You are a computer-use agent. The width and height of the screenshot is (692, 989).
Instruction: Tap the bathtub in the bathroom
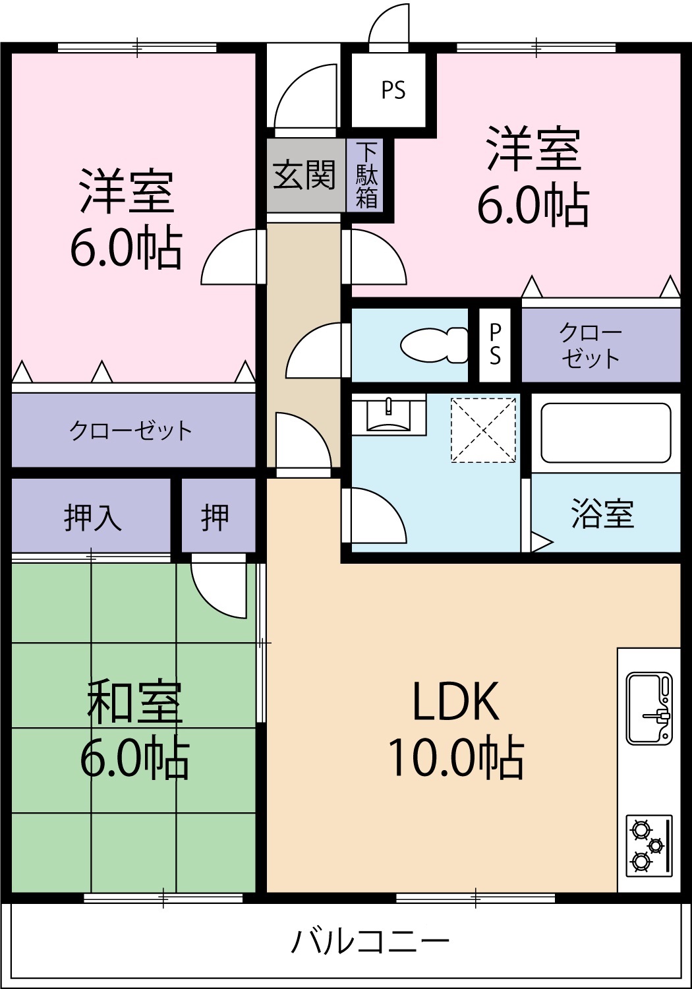pos(606,433)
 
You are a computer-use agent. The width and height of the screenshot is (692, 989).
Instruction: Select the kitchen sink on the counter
pos(649,708)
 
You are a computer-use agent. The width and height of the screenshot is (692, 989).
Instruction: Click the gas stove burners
pos(649,845)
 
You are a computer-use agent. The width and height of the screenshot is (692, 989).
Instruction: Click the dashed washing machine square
pos(483,430)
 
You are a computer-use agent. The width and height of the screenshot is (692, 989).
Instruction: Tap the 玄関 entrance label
pos(304,175)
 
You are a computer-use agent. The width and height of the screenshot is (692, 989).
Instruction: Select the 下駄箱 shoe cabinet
pos(366,175)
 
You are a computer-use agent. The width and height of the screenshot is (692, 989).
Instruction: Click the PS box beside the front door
pos(393,90)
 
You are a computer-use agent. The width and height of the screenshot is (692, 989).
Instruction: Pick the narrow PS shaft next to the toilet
pos(495,344)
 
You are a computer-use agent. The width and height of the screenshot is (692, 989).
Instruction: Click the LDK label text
pos(455,702)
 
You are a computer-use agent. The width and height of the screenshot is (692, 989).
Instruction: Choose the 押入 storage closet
pos(92,517)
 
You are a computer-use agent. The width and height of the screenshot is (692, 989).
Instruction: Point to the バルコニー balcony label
pos(370,942)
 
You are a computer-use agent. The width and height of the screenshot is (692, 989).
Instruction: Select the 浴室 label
pos(603,514)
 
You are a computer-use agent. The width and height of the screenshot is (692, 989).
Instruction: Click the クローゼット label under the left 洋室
pos(130,431)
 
